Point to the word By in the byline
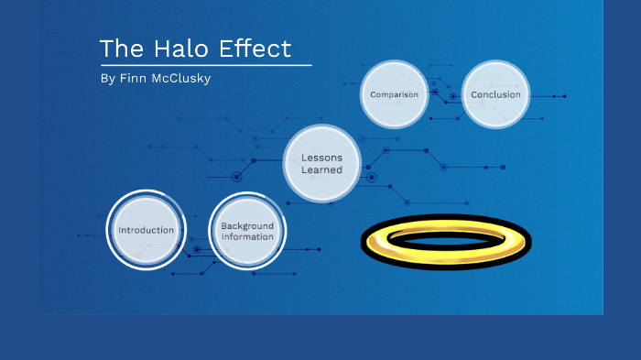pyautogui.click(x=107, y=79)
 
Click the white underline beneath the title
pyautogui.click(x=205, y=66)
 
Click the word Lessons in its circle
pyautogui.click(x=321, y=158)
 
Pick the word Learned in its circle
pyautogui.click(x=321, y=169)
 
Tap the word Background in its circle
pyautogui.click(x=247, y=225)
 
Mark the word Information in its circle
pyautogui.click(x=247, y=236)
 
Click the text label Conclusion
pyautogui.click(x=495, y=94)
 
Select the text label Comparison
pyautogui.click(x=395, y=94)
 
